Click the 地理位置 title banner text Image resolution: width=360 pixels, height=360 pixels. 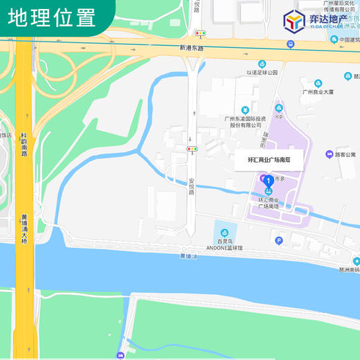coord(53,17)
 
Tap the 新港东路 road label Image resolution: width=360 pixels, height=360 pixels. coord(192,48)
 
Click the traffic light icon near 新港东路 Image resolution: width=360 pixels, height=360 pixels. coord(199,33)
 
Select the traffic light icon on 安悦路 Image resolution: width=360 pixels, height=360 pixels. coord(192,148)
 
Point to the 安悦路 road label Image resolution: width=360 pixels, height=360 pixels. coord(192,186)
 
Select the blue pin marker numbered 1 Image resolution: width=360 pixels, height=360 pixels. coord(269,181)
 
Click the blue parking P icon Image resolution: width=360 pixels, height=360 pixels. coord(279,241)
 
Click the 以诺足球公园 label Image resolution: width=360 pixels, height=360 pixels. coord(262,72)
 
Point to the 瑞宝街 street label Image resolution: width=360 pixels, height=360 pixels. coord(265,138)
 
